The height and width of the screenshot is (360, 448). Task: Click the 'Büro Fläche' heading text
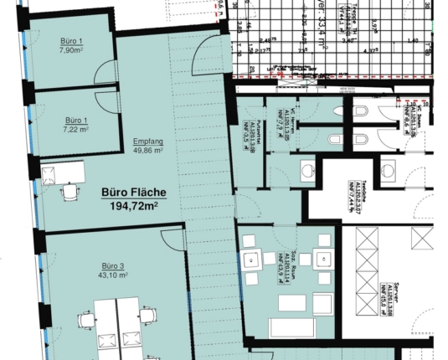(x=133, y=192)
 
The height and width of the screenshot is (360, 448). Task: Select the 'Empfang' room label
(x=147, y=141)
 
